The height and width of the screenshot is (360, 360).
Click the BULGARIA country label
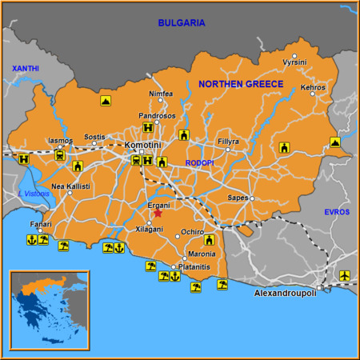pyautogui.click(x=181, y=23)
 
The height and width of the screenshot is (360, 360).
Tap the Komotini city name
pyautogui.click(x=144, y=144)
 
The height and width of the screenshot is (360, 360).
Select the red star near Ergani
pyautogui.click(x=158, y=213)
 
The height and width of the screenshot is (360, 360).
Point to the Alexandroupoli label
pyautogui.click(x=286, y=294)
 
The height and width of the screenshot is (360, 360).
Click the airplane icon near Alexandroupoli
pyautogui.click(x=345, y=276)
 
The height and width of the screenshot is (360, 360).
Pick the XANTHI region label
pyautogui.click(x=25, y=70)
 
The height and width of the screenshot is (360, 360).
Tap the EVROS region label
pyautogui.click(x=337, y=211)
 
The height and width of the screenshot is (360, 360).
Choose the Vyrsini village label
pyautogui.click(x=294, y=62)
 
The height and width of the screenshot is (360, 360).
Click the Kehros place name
pyautogui.click(x=313, y=87)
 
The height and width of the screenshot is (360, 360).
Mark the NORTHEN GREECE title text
pyautogui.click(x=240, y=84)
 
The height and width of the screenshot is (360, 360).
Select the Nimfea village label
pyautogui.click(x=161, y=94)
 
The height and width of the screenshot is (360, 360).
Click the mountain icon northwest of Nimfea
pyautogui.click(x=106, y=101)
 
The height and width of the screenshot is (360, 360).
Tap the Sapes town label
pyautogui.click(x=238, y=197)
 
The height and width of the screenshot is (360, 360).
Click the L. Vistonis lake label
pyautogui.click(x=33, y=194)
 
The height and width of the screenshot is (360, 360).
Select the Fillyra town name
pyautogui.click(x=228, y=142)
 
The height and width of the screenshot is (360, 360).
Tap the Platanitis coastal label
pyautogui.click(x=194, y=266)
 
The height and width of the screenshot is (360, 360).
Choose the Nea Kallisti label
pyautogui.click(x=70, y=186)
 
